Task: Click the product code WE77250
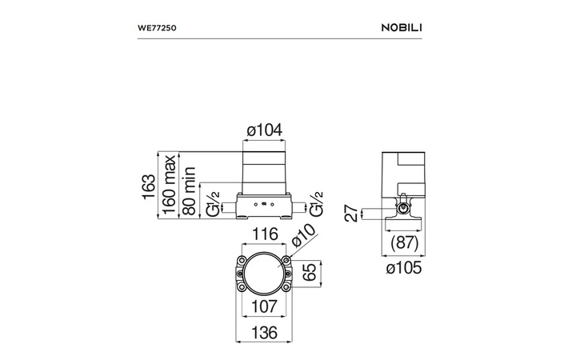[x=157, y=28]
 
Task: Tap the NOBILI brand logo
[x=402, y=28]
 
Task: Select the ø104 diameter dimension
[x=264, y=130]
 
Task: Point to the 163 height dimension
[x=148, y=186]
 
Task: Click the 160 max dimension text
[x=169, y=185]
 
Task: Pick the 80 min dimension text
[x=189, y=191]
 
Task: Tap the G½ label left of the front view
[x=213, y=204]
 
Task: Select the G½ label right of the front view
[x=317, y=204]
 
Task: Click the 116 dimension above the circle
[x=265, y=234]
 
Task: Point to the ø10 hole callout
[x=303, y=235]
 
